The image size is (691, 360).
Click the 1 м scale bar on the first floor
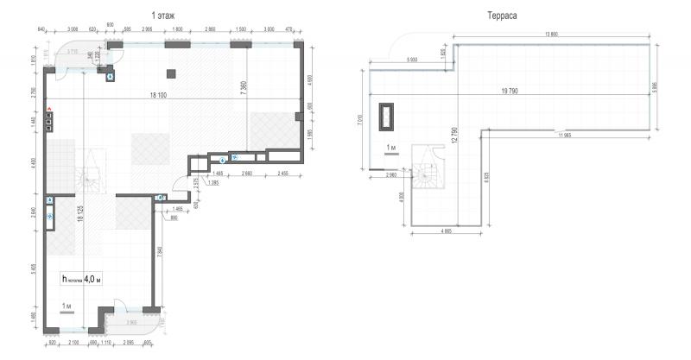tap(67, 308)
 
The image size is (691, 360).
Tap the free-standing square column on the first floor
tap(171, 73)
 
